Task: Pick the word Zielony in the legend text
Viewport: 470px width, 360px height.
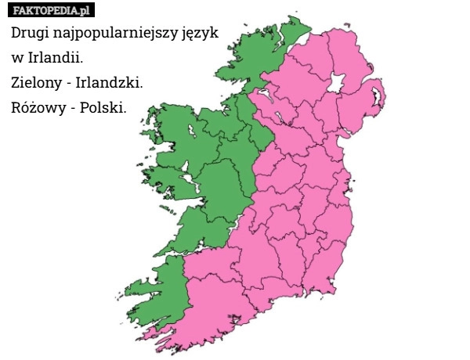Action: click(38, 81)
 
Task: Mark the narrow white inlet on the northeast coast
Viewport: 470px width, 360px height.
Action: click(378, 97)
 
